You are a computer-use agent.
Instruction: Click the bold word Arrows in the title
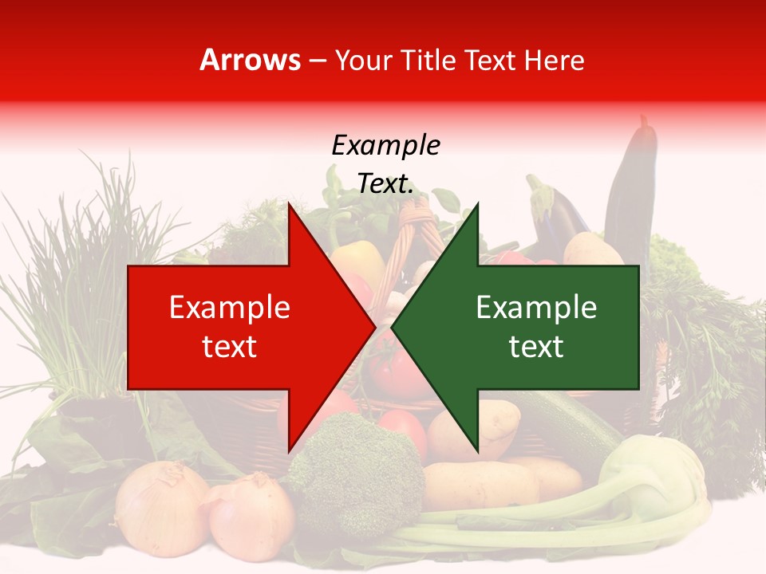pyautogui.click(x=251, y=60)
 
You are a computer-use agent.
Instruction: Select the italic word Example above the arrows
pyautogui.click(x=385, y=146)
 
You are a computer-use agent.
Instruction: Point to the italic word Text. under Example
pyautogui.click(x=385, y=184)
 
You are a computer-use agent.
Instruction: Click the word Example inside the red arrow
pyautogui.click(x=230, y=308)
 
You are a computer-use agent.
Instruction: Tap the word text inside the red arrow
pyautogui.click(x=230, y=347)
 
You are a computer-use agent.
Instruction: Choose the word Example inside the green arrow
pyautogui.click(x=536, y=308)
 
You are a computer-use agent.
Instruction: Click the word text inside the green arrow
pyautogui.click(x=536, y=347)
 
